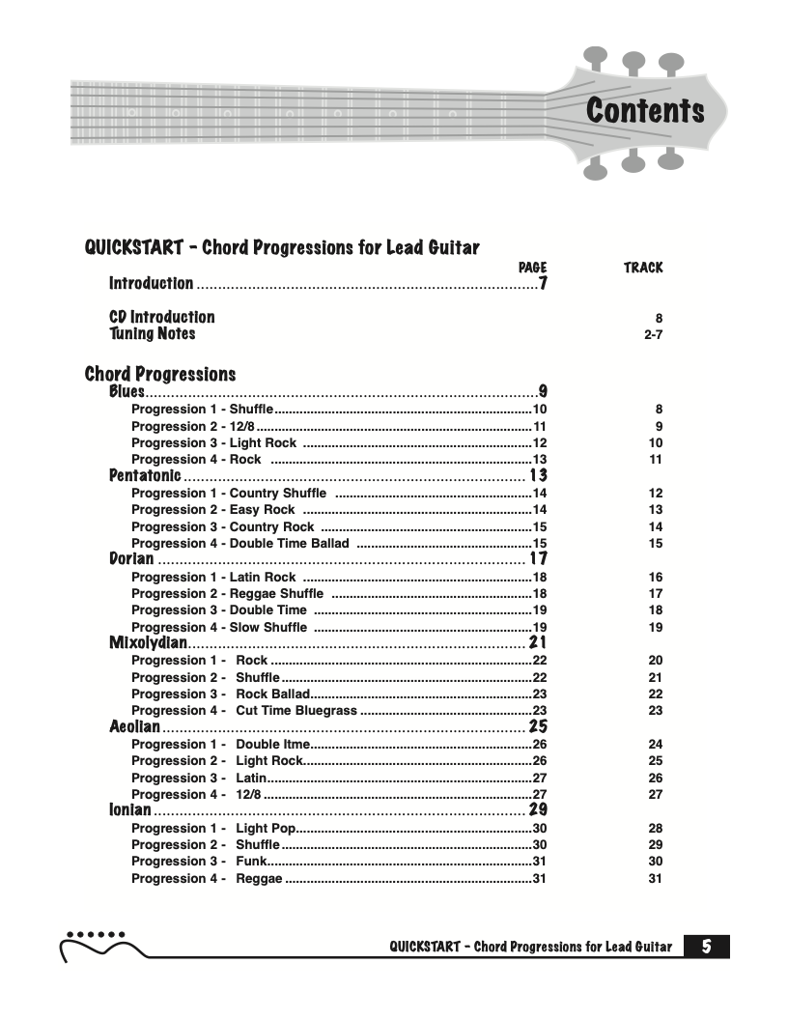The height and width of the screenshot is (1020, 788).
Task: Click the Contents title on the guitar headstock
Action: [644, 111]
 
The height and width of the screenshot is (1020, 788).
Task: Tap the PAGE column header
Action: [532, 267]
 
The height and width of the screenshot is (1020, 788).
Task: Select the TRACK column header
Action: [643, 267]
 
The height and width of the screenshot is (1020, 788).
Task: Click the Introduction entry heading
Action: [151, 284]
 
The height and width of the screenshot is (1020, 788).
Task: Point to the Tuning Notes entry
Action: [152, 333]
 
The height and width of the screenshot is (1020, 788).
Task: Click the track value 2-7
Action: [653, 334]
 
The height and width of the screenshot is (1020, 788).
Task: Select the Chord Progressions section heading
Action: [160, 374]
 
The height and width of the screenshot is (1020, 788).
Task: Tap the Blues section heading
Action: [127, 391]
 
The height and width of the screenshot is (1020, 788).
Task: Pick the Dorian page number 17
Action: [538, 559]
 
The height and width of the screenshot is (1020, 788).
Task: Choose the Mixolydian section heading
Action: [148, 643]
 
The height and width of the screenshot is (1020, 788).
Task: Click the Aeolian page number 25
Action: [538, 726]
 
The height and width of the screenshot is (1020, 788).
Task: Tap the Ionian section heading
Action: [129, 809]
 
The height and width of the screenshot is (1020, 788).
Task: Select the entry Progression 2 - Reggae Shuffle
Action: [227, 593]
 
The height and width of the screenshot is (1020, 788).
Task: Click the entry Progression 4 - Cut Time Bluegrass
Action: [243, 710]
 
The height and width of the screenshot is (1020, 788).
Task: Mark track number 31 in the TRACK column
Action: [656, 878]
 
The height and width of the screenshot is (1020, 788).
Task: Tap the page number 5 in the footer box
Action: [707, 947]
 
